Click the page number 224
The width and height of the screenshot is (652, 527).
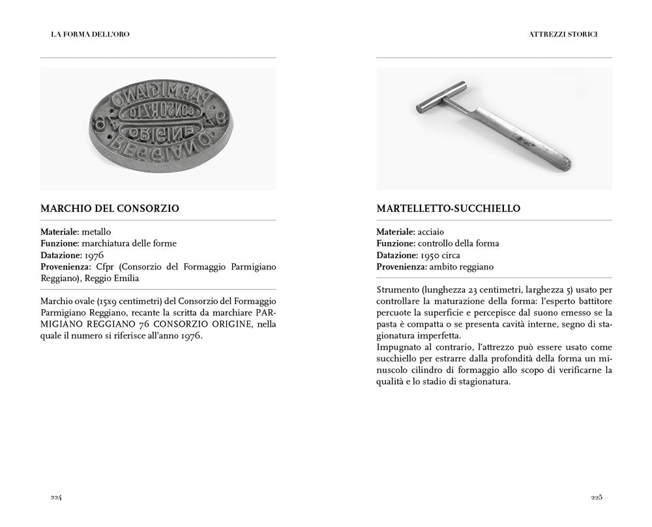56,497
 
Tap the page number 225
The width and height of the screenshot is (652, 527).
596,497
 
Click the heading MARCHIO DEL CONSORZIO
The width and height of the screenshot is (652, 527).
110,209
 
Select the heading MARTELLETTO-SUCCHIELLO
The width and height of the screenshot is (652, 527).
448,209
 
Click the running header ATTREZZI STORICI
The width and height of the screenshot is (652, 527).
564,34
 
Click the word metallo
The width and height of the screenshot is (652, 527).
96,232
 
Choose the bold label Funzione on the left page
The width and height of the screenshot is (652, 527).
62,243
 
